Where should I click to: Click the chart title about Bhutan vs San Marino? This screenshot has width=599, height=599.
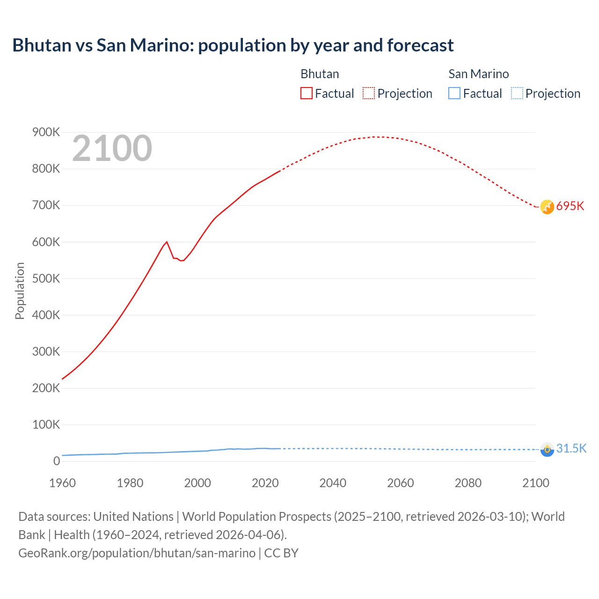tap(233, 45)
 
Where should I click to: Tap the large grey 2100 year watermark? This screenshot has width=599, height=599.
tap(112, 148)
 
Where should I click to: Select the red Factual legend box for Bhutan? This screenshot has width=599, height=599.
tap(307, 93)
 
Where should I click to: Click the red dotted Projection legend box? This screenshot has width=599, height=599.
tap(369, 93)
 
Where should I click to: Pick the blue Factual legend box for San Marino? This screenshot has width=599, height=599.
tap(454, 93)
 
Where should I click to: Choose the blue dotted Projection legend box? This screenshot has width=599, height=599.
tap(517, 93)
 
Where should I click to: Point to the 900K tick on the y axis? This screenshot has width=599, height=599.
tap(46, 132)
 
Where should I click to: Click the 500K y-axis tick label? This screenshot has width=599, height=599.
tap(46, 278)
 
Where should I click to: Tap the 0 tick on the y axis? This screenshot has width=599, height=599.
tap(57, 461)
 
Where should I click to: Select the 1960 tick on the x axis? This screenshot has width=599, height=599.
tap(62, 483)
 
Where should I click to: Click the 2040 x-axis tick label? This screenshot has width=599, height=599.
tap(333, 483)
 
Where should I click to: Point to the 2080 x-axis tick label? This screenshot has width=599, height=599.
tap(468, 483)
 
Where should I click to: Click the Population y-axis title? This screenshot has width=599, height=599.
tap(20, 291)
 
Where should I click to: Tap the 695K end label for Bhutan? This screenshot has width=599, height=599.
tap(570, 206)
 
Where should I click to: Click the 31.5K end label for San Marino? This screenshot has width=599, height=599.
tap(571, 448)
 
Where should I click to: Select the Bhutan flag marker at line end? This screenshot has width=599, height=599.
tap(547, 206)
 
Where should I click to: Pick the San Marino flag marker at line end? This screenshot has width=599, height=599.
tap(547, 449)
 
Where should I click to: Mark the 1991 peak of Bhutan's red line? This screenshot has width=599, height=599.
tap(167, 242)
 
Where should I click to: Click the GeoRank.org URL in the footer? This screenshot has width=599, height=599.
tap(137, 553)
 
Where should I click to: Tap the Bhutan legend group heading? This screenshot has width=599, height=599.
tap(320, 74)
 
